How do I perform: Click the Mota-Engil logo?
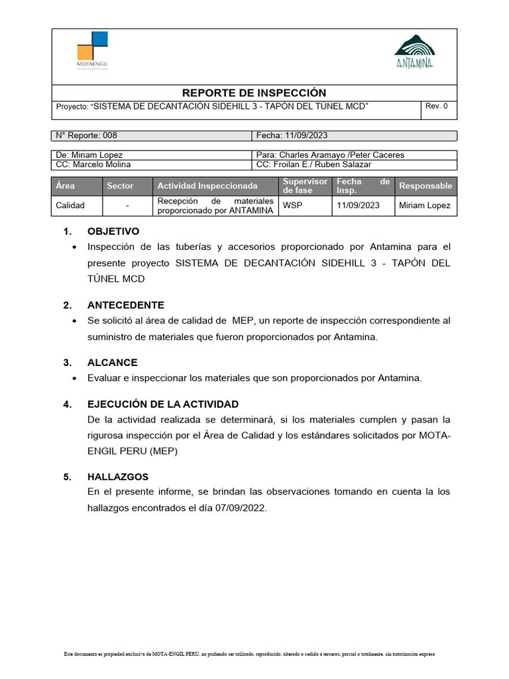pos(92,50)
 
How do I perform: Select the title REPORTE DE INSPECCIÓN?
pos(254,93)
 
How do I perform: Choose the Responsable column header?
pos(425,186)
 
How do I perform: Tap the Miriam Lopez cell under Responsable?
pos(425,206)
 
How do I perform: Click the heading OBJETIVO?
pos(113,231)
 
